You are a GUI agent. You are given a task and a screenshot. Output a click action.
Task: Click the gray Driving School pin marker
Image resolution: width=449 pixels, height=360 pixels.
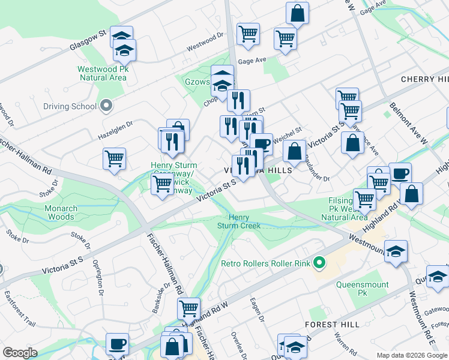[106, 106]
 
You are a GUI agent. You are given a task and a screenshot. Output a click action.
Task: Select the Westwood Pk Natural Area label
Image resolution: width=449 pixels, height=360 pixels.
[102, 73]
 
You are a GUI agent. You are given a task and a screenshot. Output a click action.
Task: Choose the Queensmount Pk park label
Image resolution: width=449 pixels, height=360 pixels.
[362, 289]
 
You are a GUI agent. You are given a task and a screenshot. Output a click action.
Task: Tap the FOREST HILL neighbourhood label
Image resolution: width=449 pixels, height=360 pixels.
[332, 324]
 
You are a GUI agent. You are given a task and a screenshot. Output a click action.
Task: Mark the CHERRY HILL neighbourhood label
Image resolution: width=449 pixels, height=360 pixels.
[424, 79]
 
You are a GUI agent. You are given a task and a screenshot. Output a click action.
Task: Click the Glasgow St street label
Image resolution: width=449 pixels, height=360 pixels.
[88, 39]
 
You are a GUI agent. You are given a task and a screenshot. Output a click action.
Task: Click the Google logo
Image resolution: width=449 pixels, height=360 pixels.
[20, 353]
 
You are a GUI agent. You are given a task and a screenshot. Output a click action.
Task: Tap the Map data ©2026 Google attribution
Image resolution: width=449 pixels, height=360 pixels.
[412, 355]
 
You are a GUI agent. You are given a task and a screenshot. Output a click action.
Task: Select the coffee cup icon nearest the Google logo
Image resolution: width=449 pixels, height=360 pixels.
[117, 343]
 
